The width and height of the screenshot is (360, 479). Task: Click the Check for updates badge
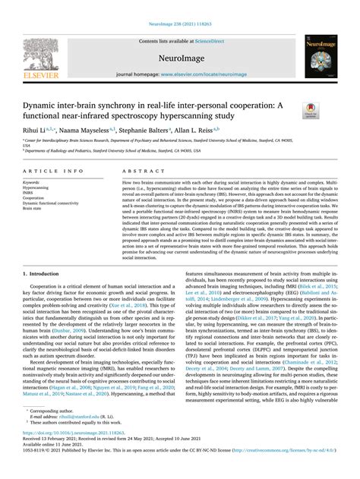pyautogui.click(x=310, y=112)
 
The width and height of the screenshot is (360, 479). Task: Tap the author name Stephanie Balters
pyautogui.click(x=149, y=130)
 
